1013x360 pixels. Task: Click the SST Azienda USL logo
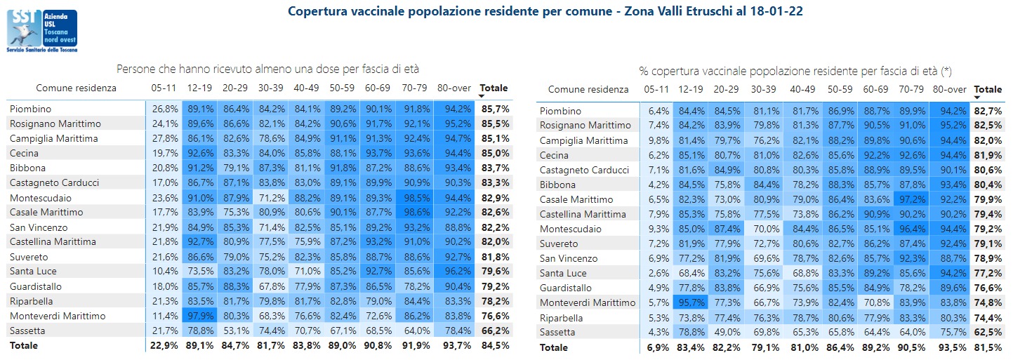[x=41, y=30]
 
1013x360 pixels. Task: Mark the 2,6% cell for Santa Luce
[x=656, y=273]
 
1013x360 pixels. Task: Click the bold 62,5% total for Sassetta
[x=988, y=332]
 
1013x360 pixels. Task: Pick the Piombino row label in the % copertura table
[x=562, y=111]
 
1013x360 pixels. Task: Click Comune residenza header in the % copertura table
[x=588, y=90]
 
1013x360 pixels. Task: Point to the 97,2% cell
[x=911, y=199]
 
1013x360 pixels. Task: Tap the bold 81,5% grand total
[x=988, y=347]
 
